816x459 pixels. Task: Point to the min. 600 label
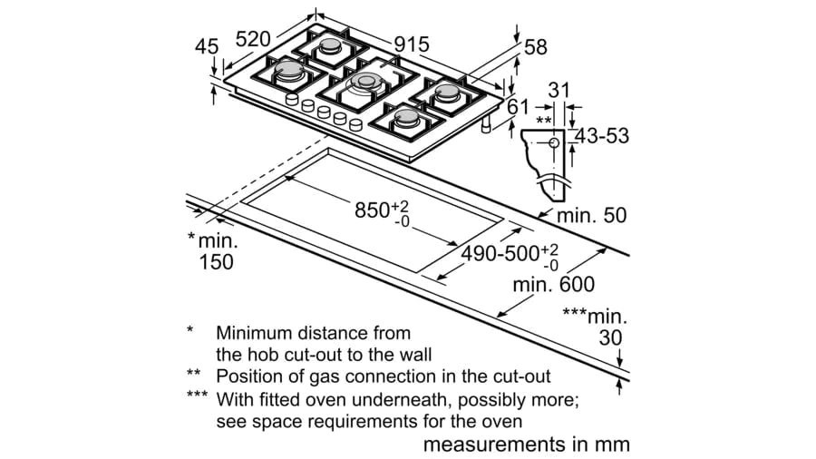tap(554, 285)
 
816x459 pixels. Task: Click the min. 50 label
tap(591, 216)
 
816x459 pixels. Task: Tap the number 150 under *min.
tap(216, 263)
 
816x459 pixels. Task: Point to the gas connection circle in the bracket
tap(554, 142)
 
